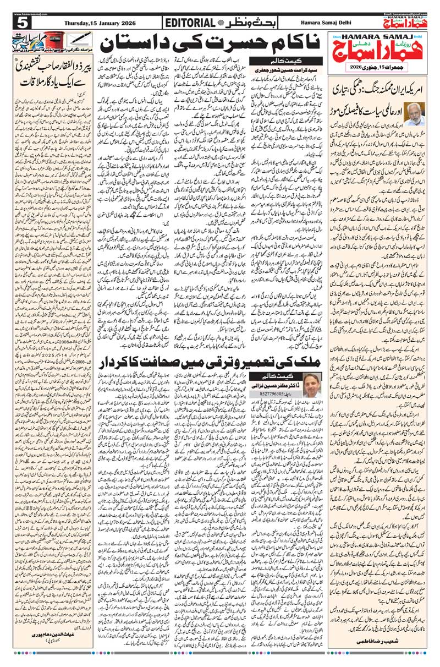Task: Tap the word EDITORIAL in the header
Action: point(189,23)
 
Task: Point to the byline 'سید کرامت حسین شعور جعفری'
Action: point(280,70)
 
